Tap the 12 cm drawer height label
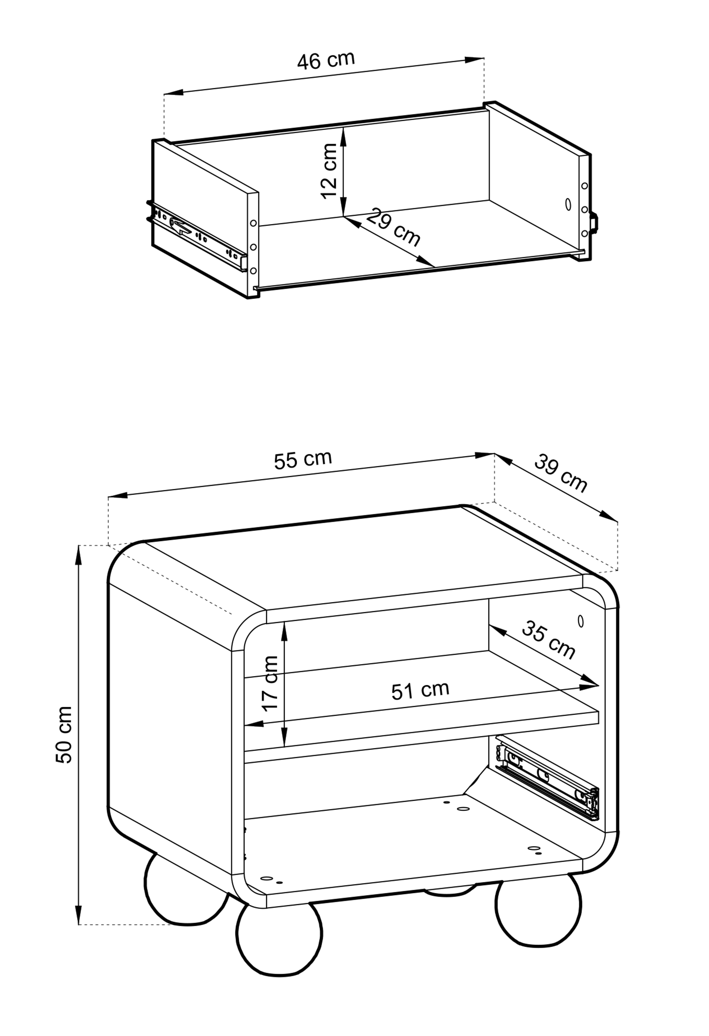point(329,171)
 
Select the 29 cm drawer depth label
point(393,227)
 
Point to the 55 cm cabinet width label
point(303,460)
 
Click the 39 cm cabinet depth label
point(561,473)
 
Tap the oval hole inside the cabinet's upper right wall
point(581,620)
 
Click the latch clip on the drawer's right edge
point(594,223)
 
